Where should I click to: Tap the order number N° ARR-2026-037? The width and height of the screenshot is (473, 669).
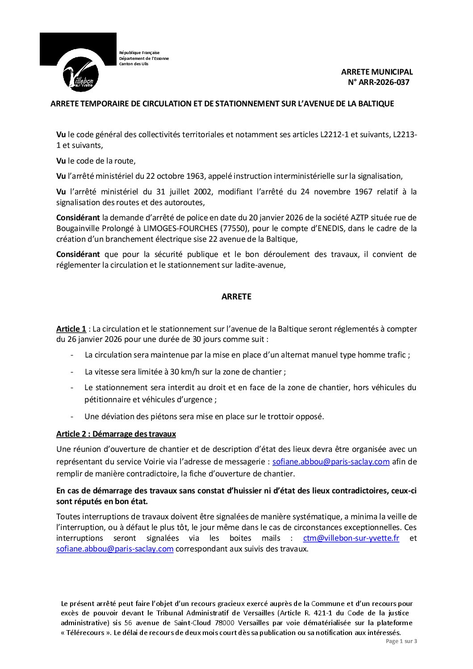(378, 82)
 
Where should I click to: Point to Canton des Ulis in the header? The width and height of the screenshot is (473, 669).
(134, 64)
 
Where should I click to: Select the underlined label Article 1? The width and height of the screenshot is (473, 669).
(71, 329)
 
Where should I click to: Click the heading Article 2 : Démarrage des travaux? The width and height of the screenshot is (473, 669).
(116, 434)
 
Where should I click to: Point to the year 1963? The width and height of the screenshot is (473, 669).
(196, 176)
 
